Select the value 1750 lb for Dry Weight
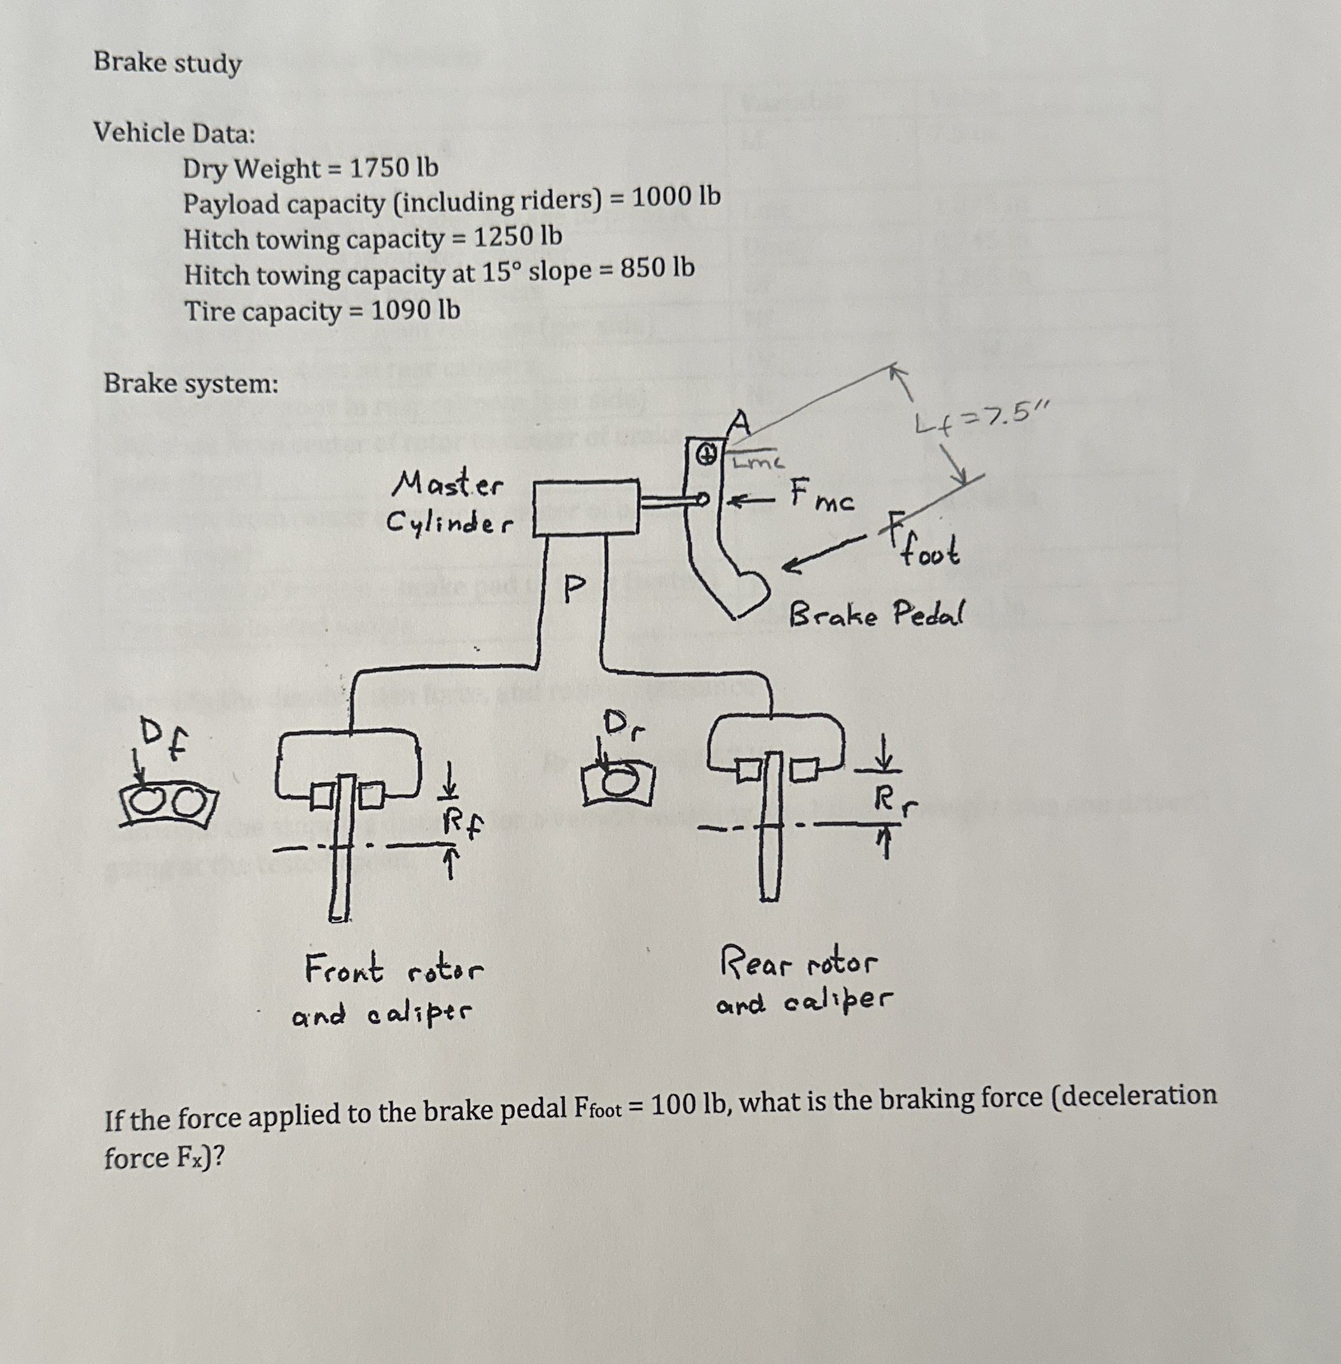point(394,167)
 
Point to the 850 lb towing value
point(657,268)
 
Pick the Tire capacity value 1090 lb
point(415,310)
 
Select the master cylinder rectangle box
point(586,508)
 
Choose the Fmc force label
point(821,494)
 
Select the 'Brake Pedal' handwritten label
point(876,614)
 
